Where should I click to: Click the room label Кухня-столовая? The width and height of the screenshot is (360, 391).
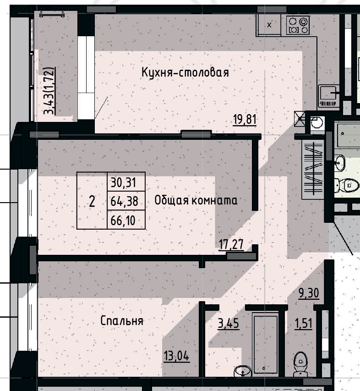(x=185, y=72)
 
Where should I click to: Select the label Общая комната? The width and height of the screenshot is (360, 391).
(x=196, y=200)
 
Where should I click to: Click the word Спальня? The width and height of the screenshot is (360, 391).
(x=122, y=321)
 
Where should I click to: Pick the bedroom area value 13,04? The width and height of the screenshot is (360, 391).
(x=176, y=355)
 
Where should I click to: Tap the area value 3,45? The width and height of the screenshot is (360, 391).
(x=228, y=324)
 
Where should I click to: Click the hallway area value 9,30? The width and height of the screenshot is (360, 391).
(x=309, y=292)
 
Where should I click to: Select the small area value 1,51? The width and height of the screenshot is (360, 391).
(x=303, y=324)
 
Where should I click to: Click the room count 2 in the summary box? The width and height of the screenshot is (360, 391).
(x=92, y=201)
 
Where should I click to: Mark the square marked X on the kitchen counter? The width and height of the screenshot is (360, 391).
(x=270, y=25)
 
